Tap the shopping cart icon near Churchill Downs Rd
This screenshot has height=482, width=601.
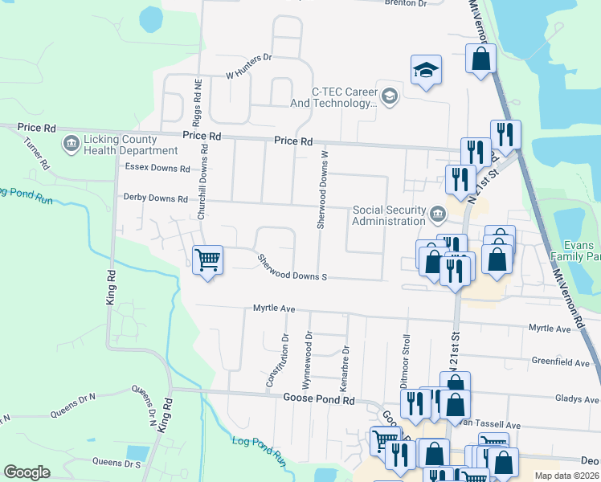click(x=208, y=260)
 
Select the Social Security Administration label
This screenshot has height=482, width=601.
click(x=389, y=215)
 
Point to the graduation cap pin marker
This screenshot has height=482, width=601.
click(x=427, y=70)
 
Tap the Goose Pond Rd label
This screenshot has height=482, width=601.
click(x=319, y=399)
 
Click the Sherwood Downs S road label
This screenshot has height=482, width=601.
click(x=292, y=269)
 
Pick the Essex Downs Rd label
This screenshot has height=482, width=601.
click(x=157, y=169)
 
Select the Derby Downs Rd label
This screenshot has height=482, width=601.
click(x=155, y=198)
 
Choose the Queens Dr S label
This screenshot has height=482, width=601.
click(x=117, y=462)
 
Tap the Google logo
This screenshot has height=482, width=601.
click(x=26, y=472)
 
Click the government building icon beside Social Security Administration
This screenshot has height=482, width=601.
click(x=438, y=214)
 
